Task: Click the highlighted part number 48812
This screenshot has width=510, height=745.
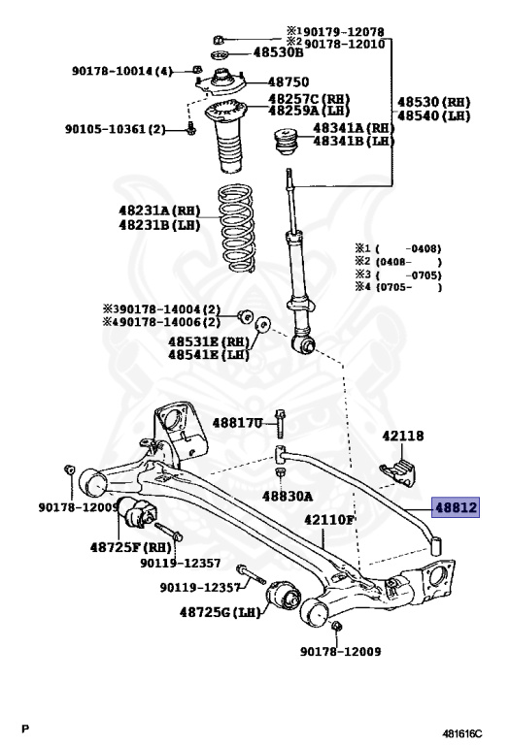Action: click(456, 507)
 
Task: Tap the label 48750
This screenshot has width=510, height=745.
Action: click(289, 82)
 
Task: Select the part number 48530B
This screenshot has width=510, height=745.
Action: click(278, 51)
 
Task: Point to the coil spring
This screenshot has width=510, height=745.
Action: click(236, 229)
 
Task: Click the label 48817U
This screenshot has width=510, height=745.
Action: click(237, 422)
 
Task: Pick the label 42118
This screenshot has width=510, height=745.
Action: click(403, 436)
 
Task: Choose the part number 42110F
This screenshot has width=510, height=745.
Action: click(329, 520)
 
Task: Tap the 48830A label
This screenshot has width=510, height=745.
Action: click(288, 497)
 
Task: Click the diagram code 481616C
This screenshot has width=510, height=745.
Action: click(462, 733)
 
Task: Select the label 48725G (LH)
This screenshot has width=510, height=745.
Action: click(220, 612)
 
